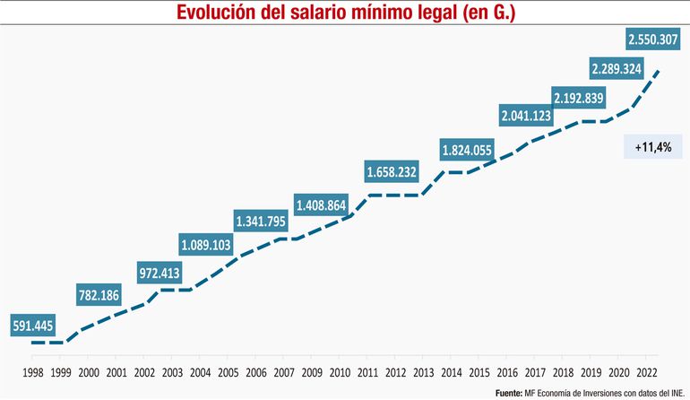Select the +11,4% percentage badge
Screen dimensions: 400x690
pyautogui.click(x=652, y=145)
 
